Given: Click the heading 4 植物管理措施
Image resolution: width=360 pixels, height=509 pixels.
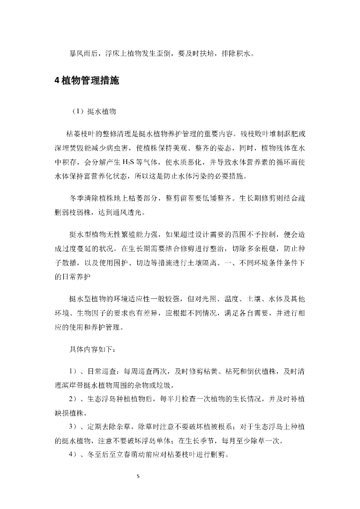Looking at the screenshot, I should click(x=87, y=82).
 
